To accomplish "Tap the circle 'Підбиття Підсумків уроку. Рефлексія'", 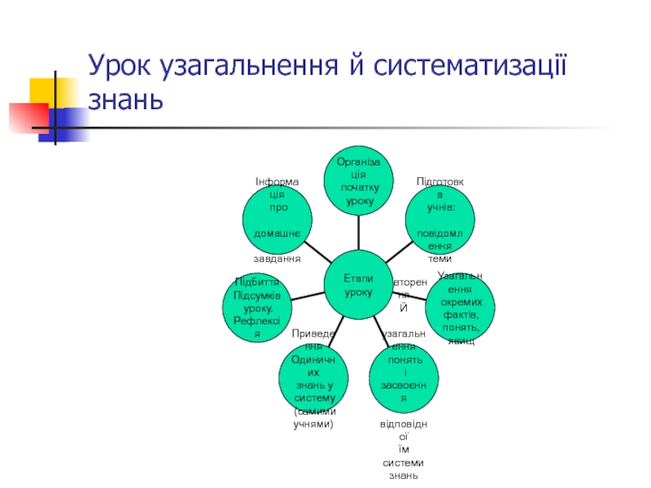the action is [256, 305].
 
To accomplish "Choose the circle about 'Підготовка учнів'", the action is [439, 219].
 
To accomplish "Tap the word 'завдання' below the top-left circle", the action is [277, 259].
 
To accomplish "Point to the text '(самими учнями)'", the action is [313, 420].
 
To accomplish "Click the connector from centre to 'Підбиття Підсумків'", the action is [307, 294].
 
